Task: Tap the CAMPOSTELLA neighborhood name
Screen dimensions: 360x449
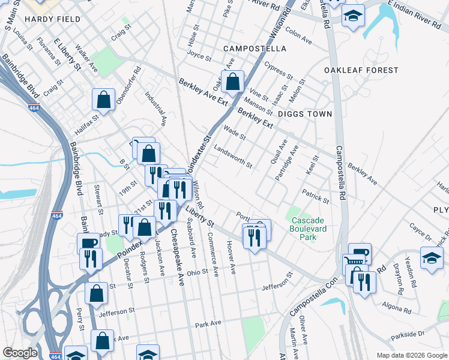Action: click(255, 48)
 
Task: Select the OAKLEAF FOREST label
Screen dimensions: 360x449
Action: click(361, 70)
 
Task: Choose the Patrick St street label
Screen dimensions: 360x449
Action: click(316, 196)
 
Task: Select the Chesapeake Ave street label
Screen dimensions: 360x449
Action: click(176, 257)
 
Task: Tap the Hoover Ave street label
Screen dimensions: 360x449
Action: click(231, 258)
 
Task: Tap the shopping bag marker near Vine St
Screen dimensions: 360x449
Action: click(232, 80)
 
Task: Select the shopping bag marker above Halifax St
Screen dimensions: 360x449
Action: click(104, 100)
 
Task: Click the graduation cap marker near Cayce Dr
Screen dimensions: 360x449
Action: click(431, 257)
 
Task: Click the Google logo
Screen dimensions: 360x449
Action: click(20, 353)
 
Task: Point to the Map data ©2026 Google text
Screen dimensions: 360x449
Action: click(411, 355)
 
